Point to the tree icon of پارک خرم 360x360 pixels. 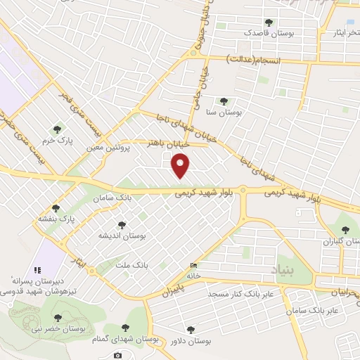pos(57,129)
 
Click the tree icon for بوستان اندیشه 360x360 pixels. pos(122,225)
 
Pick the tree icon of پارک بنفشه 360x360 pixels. pos(57,208)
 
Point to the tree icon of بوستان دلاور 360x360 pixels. pos(191,329)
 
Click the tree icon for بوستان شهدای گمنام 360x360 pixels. pos(126,327)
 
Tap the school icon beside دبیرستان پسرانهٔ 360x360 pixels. pos(38,269)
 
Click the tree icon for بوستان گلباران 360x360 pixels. pos(345,230)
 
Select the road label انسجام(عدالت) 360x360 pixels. pos(255,61)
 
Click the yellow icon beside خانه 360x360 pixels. pos(193,266)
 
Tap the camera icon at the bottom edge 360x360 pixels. pos(117,356)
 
